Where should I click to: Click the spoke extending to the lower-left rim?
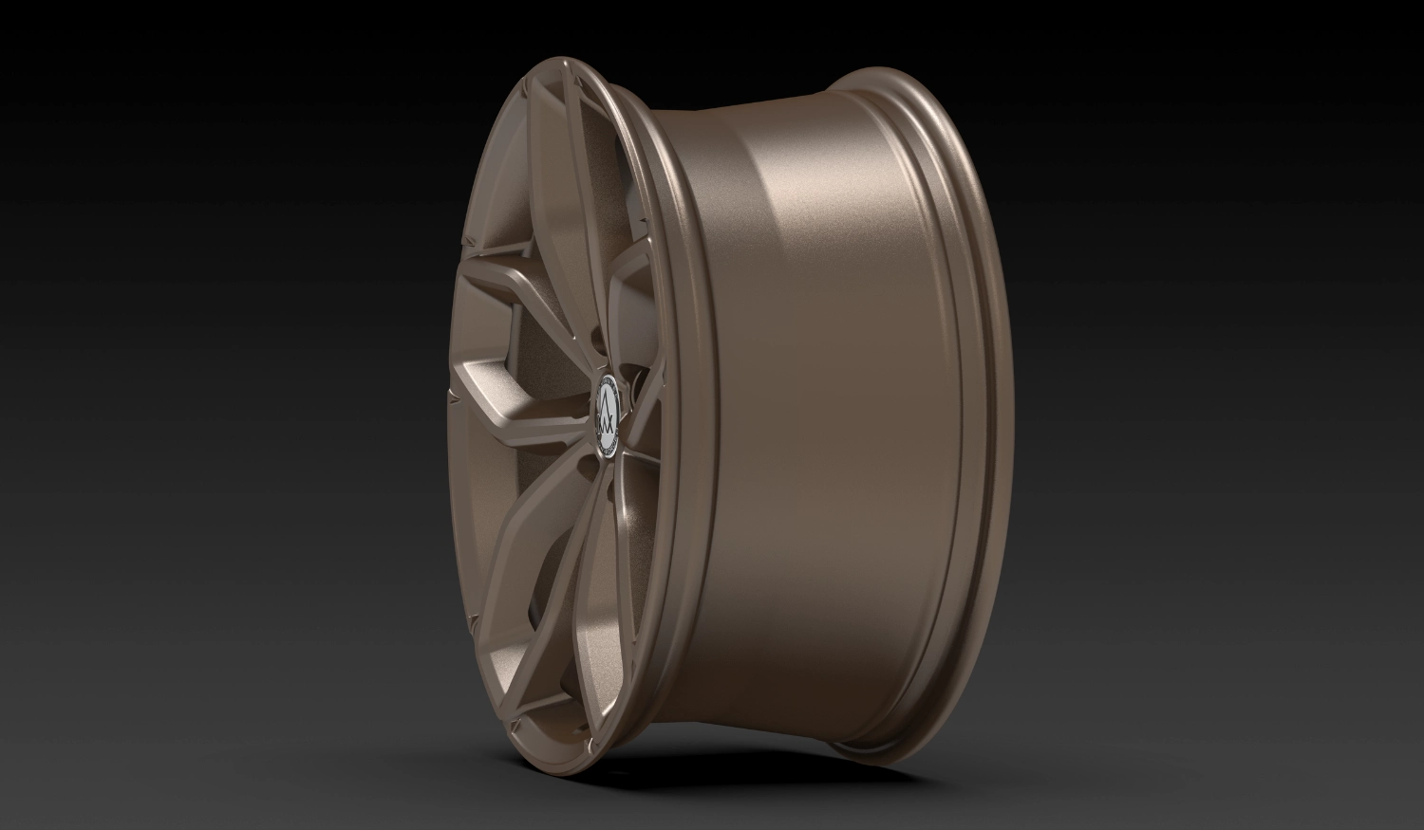(x=532, y=531)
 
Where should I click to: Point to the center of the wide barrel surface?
(x=816, y=408)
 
